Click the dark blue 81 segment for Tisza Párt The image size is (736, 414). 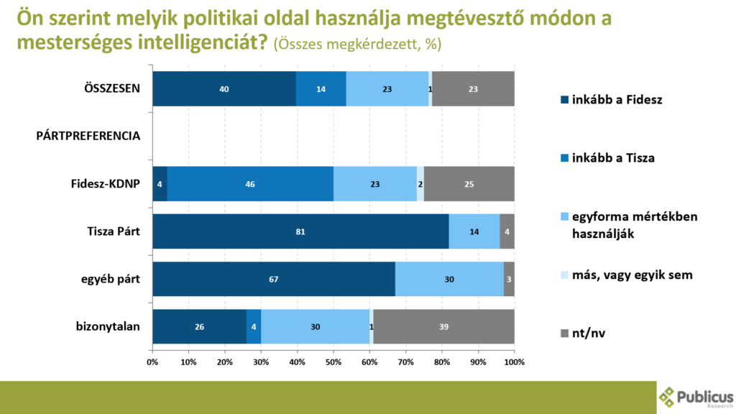coord(300,231)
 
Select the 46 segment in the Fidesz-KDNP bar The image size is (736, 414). coord(250,184)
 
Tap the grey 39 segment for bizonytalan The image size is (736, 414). coord(443,326)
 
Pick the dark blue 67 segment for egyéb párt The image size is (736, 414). coord(274,279)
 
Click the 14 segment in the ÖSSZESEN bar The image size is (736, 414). coord(321,89)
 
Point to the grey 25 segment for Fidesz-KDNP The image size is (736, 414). coord(469,184)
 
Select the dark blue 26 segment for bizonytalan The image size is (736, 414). coord(199,326)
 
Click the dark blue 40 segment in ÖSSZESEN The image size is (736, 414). coord(224,89)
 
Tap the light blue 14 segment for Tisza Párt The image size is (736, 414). coord(474,231)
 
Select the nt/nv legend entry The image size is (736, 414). coord(589,332)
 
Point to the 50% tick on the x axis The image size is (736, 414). coord(333,362)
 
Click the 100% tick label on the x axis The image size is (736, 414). coord(514,362)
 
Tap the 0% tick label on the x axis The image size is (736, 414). coord(153,362)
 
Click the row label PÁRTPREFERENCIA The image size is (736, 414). coord(88,136)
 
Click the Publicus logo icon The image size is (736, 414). coord(668,396)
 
